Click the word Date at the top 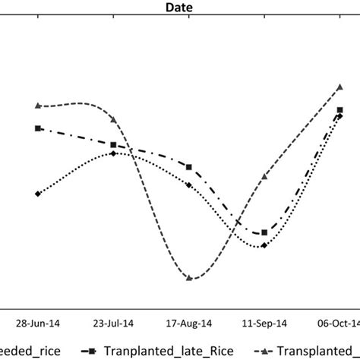click(x=179, y=7)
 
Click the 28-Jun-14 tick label click(x=38, y=321)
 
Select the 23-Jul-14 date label click(x=113, y=321)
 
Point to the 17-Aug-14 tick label click(x=188, y=321)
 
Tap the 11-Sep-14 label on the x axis click(x=264, y=321)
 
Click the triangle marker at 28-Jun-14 click(x=38, y=106)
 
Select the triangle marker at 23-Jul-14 click(x=113, y=119)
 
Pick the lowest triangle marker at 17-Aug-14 click(x=189, y=279)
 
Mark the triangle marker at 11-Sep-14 click(x=264, y=176)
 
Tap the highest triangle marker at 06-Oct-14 click(x=339, y=87)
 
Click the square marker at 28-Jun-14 click(x=38, y=128)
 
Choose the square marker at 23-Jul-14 click(x=113, y=144)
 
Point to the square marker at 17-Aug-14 click(x=189, y=167)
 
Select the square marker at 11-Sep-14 click(x=264, y=233)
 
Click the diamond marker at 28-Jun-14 click(x=38, y=194)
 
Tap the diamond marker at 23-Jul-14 click(x=113, y=153)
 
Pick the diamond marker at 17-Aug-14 click(x=189, y=183)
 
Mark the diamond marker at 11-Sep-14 click(x=264, y=245)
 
